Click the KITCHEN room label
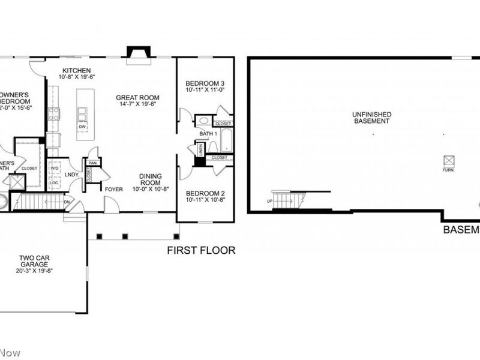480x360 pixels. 77,70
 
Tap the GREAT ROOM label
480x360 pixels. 137,97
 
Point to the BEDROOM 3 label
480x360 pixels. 205,83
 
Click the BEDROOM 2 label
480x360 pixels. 205,194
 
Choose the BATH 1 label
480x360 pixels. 207,134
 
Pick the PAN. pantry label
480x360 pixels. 93,163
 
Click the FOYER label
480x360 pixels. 113,189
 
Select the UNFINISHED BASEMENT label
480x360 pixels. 372,117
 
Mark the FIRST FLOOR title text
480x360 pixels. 201,250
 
